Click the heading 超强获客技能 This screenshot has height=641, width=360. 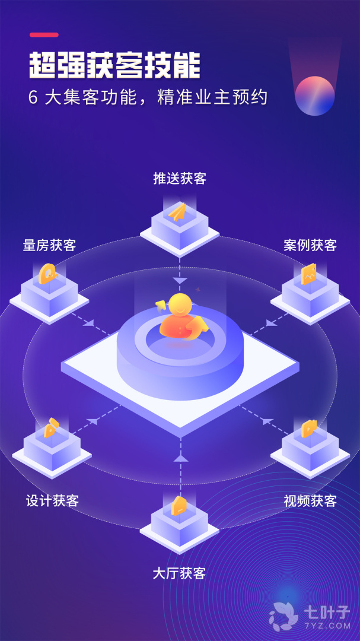[x=114, y=65]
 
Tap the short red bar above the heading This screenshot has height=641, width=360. [x=44, y=35]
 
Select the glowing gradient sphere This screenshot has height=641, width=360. [x=315, y=96]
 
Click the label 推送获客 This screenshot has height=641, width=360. [x=180, y=179]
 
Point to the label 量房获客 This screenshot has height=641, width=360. [x=49, y=245]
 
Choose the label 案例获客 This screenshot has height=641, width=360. [x=310, y=245]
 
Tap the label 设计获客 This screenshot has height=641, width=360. [x=52, y=500]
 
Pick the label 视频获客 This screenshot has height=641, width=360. [x=310, y=500]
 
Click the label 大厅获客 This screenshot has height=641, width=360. [x=179, y=573]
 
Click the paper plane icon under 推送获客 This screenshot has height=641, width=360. [x=177, y=212]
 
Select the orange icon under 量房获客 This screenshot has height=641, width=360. [x=47, y=274]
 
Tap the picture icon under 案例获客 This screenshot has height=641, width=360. [x=308, y=274]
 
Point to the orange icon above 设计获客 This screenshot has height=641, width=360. [x=50, y=427]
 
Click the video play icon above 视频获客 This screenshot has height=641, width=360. [x=308, y=429]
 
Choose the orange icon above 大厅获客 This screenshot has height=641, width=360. [x=179, y=506]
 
